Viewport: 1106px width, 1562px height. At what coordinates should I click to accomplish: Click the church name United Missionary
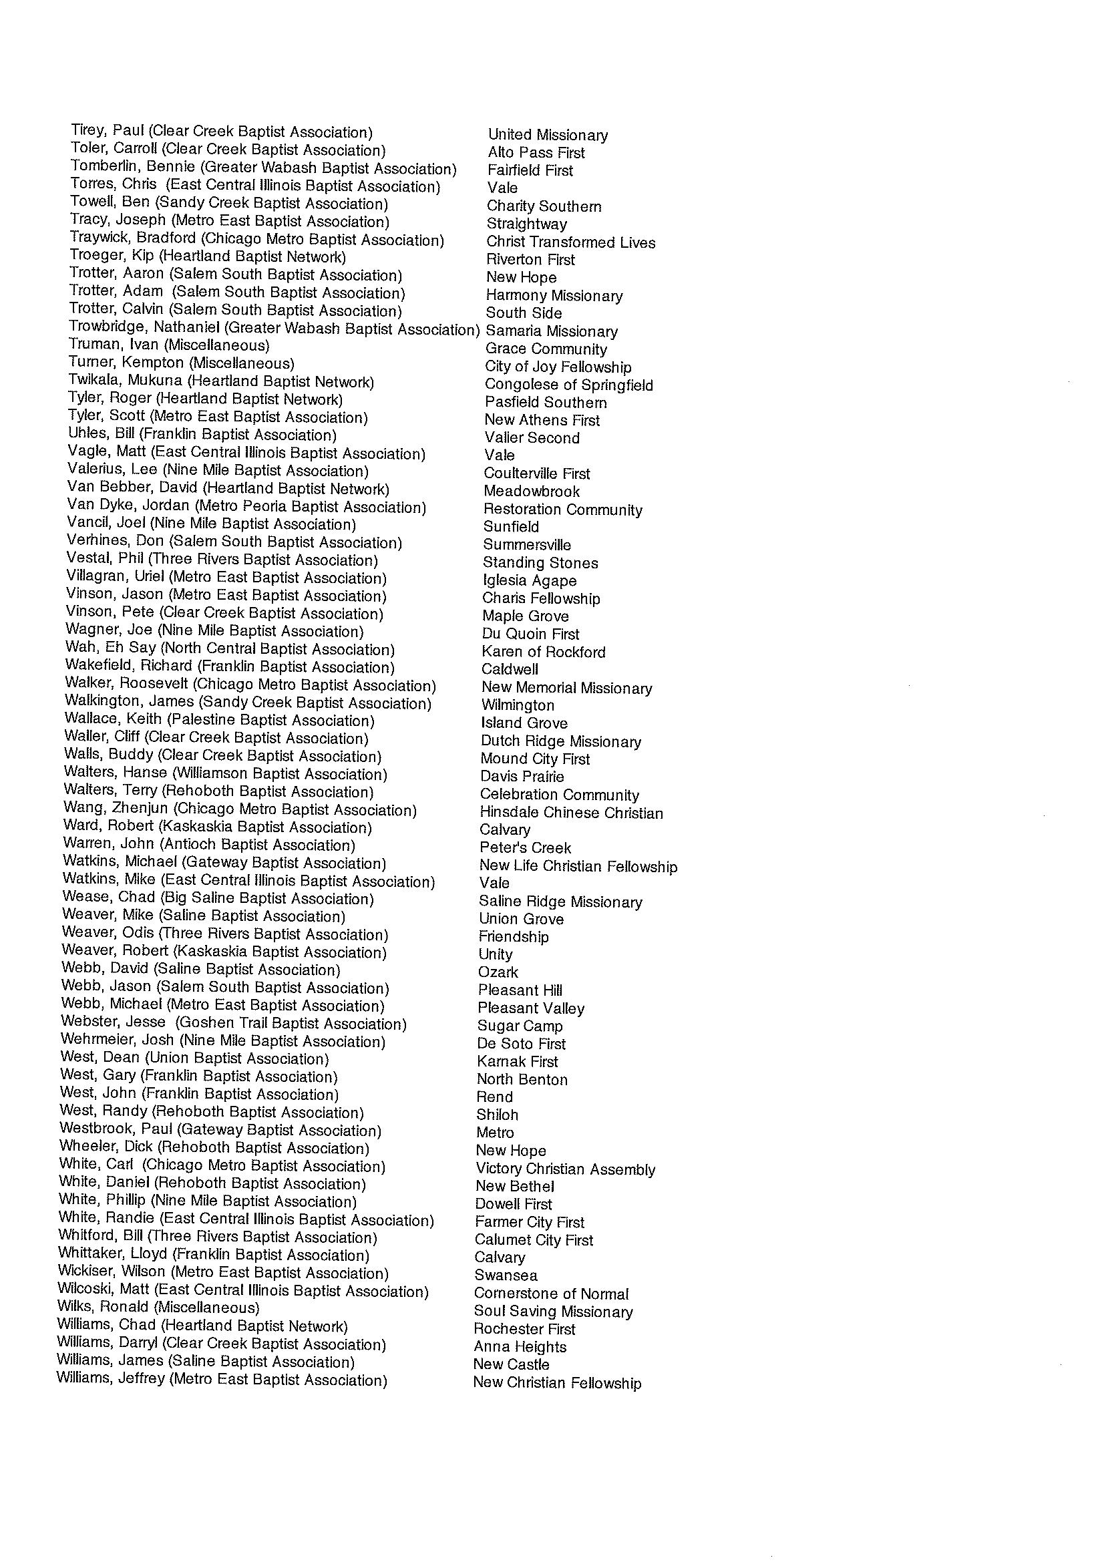tap(548, 135)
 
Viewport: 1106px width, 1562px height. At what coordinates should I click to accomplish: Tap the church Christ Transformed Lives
tap(571, 242)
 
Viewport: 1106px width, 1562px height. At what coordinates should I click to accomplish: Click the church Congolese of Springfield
tap(568, 385)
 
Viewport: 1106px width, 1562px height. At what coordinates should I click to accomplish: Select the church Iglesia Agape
tap(529, 581)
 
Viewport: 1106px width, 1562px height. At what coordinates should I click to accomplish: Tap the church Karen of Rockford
tap(543, 652)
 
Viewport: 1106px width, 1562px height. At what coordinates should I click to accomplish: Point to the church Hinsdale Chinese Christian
tap(571, 812)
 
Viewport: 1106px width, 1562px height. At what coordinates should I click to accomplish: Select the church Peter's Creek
tap(525, 847)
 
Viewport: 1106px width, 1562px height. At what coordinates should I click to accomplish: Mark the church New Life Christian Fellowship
tap(578, 866)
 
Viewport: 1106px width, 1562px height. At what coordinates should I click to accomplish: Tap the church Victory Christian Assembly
tap(565, 1169)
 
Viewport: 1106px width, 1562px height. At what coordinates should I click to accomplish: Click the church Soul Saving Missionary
tap(553, 1312)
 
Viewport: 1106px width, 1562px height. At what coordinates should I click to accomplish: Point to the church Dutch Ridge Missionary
tap(560, 741)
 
